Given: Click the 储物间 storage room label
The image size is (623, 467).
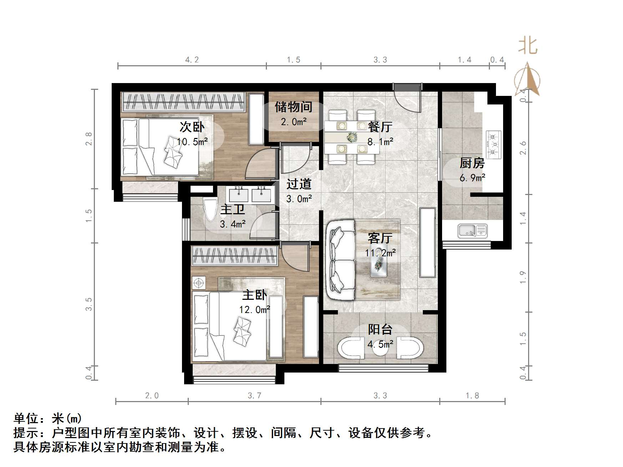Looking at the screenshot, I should point(293,107).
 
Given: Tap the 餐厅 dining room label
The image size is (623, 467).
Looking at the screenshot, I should point(380,127).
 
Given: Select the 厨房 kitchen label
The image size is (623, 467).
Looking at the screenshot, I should point(472,163).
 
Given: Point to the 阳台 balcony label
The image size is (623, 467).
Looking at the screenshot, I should point(380,329).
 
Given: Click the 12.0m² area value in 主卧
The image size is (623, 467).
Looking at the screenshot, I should point(254,309).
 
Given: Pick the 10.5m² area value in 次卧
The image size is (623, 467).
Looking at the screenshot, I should point(192,142).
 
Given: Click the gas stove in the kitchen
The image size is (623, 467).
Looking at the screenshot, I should point(493,144).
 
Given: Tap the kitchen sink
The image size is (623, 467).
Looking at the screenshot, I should point(472,231).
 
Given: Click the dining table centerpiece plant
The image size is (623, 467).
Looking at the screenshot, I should point(352,137).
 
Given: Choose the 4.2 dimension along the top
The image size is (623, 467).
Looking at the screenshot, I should point(192,60).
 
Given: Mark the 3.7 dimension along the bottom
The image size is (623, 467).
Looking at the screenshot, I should point(254,395).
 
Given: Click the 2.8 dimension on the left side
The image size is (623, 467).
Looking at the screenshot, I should point(89,139).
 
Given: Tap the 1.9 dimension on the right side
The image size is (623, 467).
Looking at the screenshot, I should point(523,277).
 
